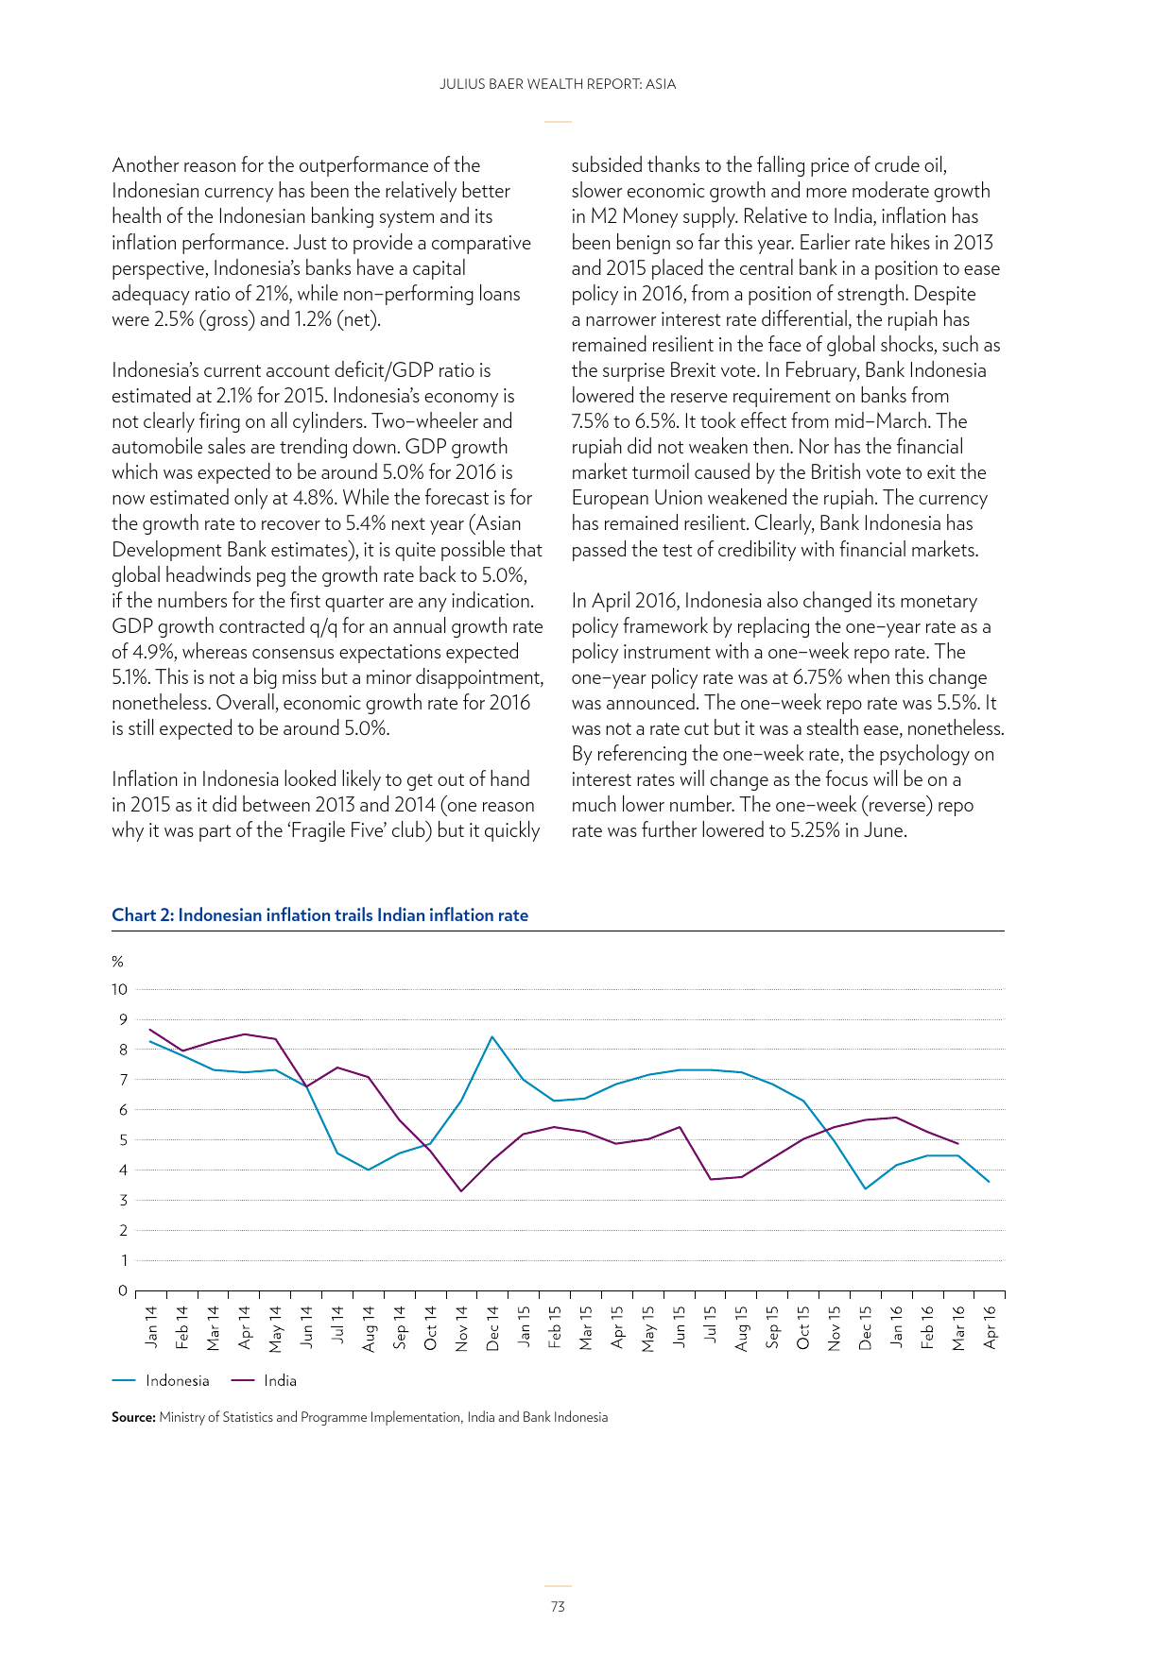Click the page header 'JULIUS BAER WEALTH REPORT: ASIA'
(x=558, y=84)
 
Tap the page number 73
(x=558, y=1606)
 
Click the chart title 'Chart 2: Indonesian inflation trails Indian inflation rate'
(x=319, y=914)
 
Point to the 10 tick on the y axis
(x=119, y=989)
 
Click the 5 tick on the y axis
(x=123, y=1140)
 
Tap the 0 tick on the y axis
(x=123, y=1290)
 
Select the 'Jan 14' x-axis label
(x=151, y=1326)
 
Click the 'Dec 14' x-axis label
(x=492, y=1327)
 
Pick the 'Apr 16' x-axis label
(x=990, y=1326)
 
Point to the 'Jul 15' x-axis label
(x=710, y=1326)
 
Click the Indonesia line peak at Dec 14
(x=492, y=1036)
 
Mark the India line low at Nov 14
(x=461, y=1190)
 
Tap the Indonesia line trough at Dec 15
(x=866, y=1188)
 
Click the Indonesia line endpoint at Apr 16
(x=989, y=1181)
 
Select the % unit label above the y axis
(x=118, y=962)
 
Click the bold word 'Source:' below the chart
(x=133, y=1417)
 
